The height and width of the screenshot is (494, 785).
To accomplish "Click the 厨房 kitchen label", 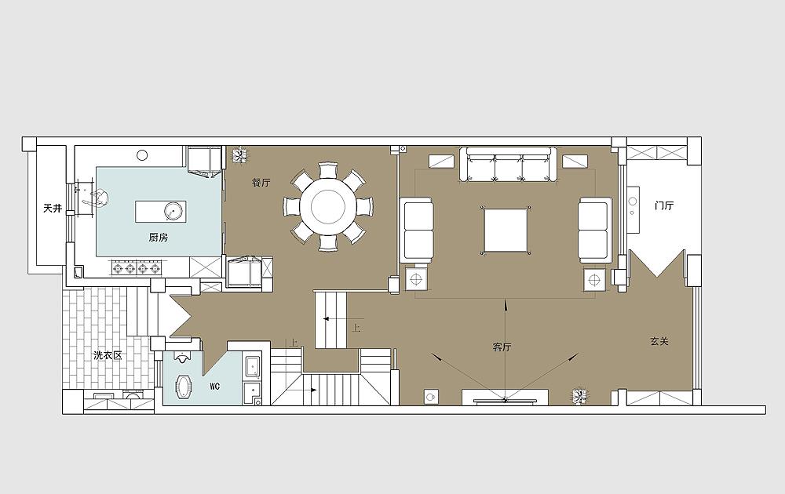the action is (159, 238).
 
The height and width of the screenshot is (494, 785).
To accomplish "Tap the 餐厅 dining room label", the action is (261, 183).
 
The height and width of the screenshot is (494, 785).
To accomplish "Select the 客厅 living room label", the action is (502, 347).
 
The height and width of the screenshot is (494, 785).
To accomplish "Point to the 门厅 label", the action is (664, 205).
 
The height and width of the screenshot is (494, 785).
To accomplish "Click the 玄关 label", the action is (659, 342).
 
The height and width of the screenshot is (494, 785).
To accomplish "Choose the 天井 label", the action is (53, 208).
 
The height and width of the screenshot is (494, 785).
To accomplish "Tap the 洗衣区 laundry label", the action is (108, 355).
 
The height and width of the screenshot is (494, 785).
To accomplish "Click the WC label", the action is (215, 387).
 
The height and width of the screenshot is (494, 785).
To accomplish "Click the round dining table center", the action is (328, 205).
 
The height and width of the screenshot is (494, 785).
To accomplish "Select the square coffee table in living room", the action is (505, 231).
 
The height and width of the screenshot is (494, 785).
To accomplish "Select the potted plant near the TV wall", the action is (580, 397).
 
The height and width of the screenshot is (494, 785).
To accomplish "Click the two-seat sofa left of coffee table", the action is (417, 230).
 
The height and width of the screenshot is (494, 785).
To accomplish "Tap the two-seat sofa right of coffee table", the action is (595, 230).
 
